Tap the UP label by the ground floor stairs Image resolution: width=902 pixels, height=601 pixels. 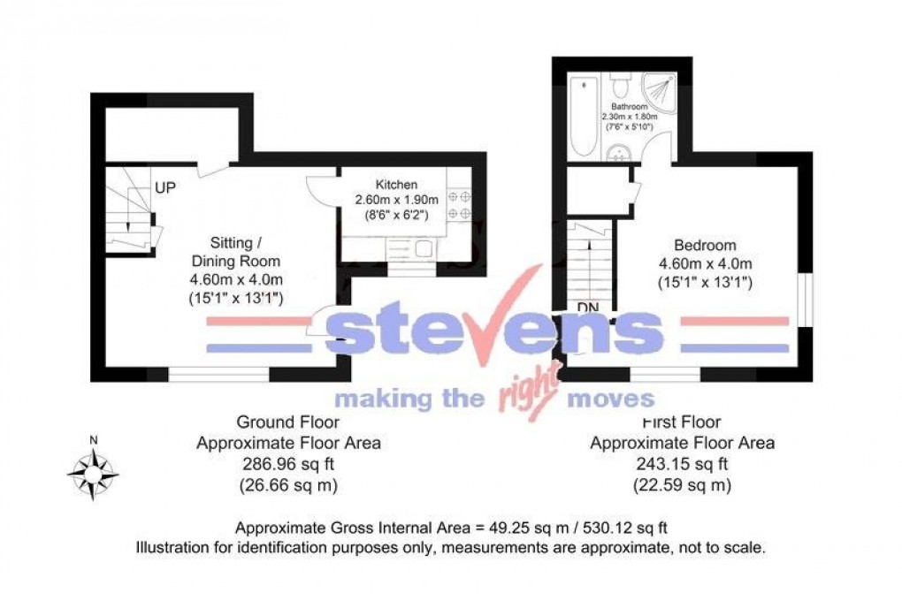pyautogui.click(x=164, y=188)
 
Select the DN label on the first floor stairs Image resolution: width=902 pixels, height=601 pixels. pyautogui.click(x=587, y=307)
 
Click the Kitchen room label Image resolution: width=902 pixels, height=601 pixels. pyautogui.click(x=396, y=185)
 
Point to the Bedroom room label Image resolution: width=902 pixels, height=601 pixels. pyautogui.click(x=705, y=246)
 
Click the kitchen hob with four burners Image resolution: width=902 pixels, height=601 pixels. pyautogui.click(x=459, y=204)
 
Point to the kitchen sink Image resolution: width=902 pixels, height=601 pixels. pyautogui.click(x=421, y=249)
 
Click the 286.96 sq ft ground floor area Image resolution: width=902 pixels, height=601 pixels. pyautogui.click(x=288, y=463)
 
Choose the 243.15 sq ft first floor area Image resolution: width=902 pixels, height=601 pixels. pyautogui.click(x=682, y=463)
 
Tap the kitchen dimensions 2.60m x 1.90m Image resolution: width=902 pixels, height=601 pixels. pyautogui.click(x=396, y=200)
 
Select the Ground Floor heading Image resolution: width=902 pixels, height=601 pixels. pyautogui.click(x=288, y=422)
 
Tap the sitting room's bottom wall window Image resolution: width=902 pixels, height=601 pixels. pyautogui.click(x=218, y=375)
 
